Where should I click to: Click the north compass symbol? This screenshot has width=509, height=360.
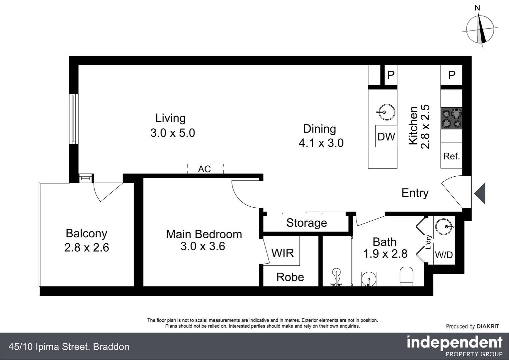coord(480,30)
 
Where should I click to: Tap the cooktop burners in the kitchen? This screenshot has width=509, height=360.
coord(451,118)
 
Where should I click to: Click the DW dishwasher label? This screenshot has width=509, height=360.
coord(386,136)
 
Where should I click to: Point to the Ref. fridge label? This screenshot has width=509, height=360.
coord(451,156)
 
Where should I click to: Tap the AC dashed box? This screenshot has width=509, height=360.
coord(205,169)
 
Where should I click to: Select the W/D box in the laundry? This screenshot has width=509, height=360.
coord(444,255)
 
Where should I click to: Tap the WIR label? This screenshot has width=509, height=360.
coord(282,253)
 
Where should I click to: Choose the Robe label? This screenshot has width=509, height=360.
coord(290,277)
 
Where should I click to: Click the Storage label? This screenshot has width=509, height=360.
coord(306,223)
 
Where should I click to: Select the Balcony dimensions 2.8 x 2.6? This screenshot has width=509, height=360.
coord(87,248)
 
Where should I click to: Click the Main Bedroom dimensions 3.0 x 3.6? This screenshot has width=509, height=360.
coord(203,246)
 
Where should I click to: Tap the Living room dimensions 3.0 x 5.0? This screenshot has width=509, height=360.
coord(173,133)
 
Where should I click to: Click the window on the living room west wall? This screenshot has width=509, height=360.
coord(74,119)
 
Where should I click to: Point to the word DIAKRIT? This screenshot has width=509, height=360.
coord(488,326)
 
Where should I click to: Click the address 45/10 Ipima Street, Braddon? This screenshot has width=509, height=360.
coord(69,347)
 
